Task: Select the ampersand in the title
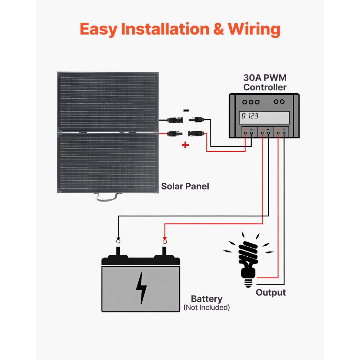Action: coord(217,29)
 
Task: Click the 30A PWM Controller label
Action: coord(265,82)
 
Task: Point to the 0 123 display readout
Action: coord(250,116)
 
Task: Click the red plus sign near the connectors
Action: coord(185,145)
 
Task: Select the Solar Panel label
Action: coord(185,186)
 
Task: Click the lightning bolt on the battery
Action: coord(141,288)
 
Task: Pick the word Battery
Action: coord(206,299)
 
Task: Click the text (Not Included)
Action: coord(206,307)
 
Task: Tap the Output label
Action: coord(270,293)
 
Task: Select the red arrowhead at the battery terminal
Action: coord(165,239)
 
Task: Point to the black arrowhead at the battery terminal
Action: coord(118,239)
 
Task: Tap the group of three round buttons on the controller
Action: coord(251,102)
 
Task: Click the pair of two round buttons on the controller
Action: coord(279,102)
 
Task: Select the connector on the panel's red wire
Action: coord(173,134)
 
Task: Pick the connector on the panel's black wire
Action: coord(173,119)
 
